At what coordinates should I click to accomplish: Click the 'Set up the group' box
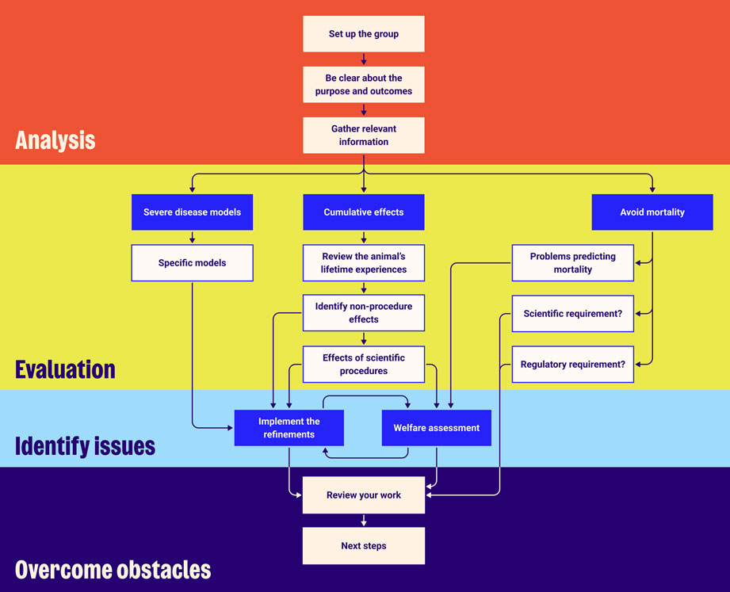coord(364,34)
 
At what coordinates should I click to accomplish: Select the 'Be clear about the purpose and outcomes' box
coord(364,85)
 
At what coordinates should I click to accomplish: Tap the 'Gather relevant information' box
coord(364,136)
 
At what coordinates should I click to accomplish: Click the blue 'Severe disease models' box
coord(192,212)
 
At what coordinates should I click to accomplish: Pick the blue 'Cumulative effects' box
coord(364,212)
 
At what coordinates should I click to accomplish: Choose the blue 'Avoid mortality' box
coord(652,212)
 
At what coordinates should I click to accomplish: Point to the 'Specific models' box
coord(192,263)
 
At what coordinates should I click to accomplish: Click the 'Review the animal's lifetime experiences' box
coord(364,263)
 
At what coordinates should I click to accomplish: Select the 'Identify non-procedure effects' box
coord(364,313)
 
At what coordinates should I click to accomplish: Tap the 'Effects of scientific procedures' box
coord(364,365)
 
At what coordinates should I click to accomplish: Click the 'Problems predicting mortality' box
coord(573,263)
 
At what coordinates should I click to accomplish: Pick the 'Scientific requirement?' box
coord(573,314)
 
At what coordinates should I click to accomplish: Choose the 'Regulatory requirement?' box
coord(573,365)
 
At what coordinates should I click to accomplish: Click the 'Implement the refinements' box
coord(289,428)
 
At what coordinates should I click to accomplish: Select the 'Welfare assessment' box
coord(437,428)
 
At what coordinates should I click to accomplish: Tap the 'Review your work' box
coord(364,495)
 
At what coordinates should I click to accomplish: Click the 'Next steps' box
coord(364,546)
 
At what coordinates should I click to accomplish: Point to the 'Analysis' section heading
coord(55,141)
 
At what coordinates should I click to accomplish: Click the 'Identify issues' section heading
coord(86,445)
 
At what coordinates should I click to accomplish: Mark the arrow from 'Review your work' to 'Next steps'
coord(364,520)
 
